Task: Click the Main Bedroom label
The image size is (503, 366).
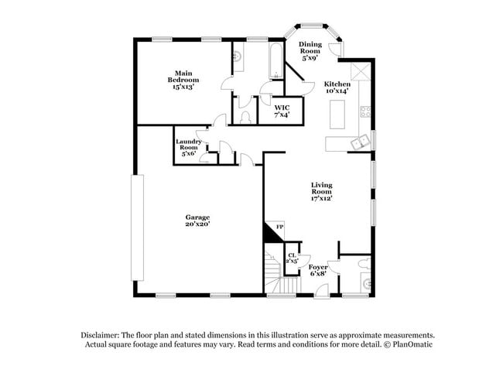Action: point(184,79)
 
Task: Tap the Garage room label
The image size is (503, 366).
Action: point(197,217)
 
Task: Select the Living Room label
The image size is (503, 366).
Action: point(321,188)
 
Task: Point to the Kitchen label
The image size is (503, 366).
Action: point(337,84)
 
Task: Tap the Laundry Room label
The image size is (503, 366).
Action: point(189,145)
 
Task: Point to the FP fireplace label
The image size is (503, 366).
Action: point(281,227)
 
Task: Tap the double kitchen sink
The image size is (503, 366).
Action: point(360,142)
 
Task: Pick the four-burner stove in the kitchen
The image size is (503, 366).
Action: point(363,114)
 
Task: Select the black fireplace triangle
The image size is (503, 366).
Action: point(272,231)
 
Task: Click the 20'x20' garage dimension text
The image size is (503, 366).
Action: point(197,224)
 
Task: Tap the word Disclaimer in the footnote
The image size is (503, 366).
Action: point(101,334)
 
